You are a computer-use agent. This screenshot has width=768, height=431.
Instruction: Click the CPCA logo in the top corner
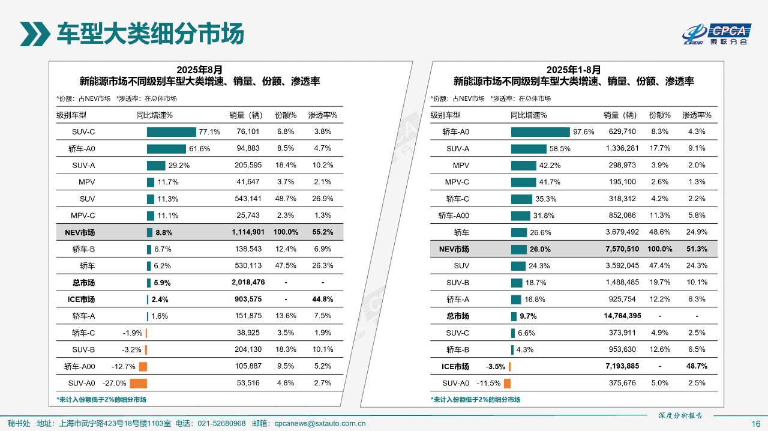[x=717, y=34]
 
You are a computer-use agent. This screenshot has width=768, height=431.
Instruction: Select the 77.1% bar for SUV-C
[x=171, y=131]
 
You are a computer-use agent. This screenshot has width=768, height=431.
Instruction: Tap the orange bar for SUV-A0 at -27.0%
[x=139, y=383]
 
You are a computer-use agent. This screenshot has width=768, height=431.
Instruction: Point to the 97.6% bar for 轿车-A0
[x=540, y=131]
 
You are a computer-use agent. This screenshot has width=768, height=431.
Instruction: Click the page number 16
[x=756, y=424]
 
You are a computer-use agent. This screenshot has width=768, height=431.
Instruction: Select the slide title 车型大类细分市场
[x=150, y=34]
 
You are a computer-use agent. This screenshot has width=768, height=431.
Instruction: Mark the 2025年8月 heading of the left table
[x=199, y=70]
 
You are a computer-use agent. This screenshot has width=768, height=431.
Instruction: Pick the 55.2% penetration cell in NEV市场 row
[x=323, y=232]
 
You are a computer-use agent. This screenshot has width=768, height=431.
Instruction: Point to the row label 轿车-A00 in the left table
[x=79, y=366]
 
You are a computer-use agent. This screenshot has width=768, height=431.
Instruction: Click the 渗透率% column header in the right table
[x=697, y=115]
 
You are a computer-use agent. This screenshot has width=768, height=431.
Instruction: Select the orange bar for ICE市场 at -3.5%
[x=509, y=366]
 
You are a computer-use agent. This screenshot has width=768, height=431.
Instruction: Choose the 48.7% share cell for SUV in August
[x=286, y=199]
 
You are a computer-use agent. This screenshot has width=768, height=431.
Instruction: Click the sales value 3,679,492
[x=621, y=232]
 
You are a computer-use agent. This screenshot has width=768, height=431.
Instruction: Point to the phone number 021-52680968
[x=221, y=423]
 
